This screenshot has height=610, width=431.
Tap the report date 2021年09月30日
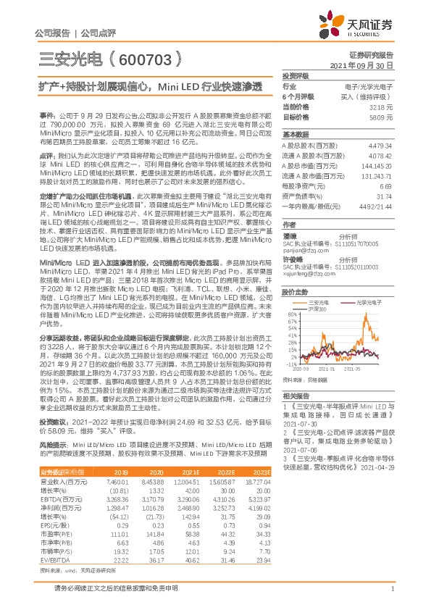point(366,65)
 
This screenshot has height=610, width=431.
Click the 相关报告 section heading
point(295,396)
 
